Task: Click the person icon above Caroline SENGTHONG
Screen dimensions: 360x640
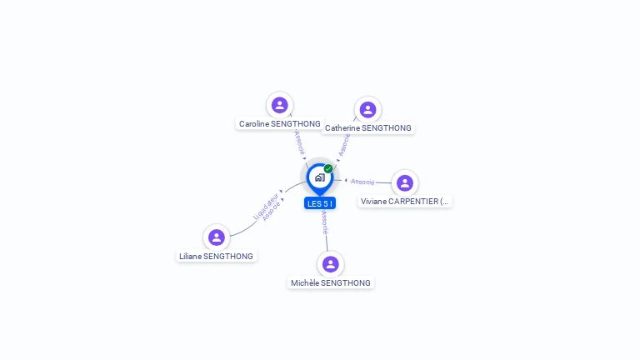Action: tap(280, 105)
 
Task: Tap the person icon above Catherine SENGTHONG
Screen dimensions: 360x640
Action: tap(367, 110)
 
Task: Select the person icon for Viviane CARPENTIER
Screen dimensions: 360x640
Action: tap(405, 182)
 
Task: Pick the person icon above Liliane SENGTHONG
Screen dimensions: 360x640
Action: tap(217, 237)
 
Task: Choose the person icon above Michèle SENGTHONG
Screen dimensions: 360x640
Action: tap(331, 264)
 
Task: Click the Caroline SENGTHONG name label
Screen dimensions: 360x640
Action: tap(279, 124)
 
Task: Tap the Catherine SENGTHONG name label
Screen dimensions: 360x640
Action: tap(367, 128)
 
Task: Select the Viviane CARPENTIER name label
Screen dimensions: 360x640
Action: tap(405, 202)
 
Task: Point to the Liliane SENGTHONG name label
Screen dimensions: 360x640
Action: tap(216, 257)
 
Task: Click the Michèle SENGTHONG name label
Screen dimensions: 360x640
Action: tap(331, 283)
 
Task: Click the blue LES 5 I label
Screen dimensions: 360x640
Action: tap(320, 203)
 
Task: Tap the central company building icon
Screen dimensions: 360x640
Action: tap(319, 177)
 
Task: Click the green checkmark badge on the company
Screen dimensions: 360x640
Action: tap(328, 169)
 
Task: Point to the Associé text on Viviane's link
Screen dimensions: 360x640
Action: tap(362, 181)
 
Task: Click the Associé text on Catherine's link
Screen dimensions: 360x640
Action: tap(344, 144)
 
